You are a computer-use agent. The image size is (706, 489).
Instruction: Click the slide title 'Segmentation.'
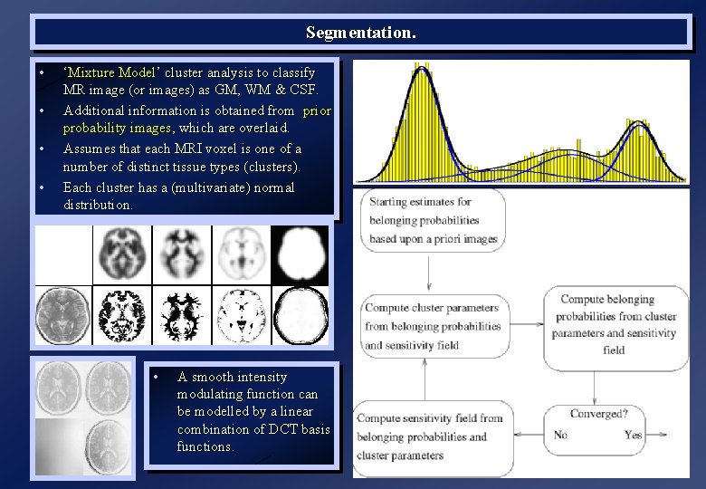coord(361,34)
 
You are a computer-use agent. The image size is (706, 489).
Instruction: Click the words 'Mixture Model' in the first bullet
coord(111,72)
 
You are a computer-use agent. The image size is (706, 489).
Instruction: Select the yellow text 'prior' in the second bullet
coord(317,110)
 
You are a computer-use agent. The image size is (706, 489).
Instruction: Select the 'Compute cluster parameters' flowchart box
coord(432,326)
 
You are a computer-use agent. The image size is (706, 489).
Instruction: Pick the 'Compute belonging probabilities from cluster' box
coord(614,324)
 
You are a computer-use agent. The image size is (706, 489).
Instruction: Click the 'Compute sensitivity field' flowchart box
coord(430,436)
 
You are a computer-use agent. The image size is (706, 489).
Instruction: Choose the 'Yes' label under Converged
coord(633,435)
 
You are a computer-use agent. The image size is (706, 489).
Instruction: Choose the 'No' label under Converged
coord(560,435)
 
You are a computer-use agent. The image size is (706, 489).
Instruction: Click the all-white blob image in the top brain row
coord(300,254)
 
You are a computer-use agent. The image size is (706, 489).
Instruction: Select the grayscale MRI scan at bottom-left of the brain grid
coord(63,315)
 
